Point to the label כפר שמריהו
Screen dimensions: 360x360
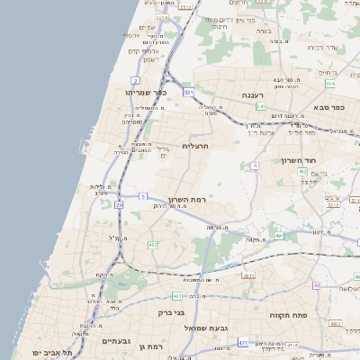coord(148,93)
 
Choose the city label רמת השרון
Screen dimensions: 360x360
coord(187,199)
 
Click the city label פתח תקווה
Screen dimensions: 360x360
coord(289,317)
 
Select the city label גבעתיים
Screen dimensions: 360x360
coord(117,341)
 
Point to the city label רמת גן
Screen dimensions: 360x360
coord(157,346)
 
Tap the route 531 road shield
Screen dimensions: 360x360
coord(188,92)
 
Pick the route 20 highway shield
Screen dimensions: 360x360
coord(120,204)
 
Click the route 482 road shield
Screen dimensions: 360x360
coord(152,244)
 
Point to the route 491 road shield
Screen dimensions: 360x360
coord(280,236)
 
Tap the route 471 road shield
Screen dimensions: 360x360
coord(243,343)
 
